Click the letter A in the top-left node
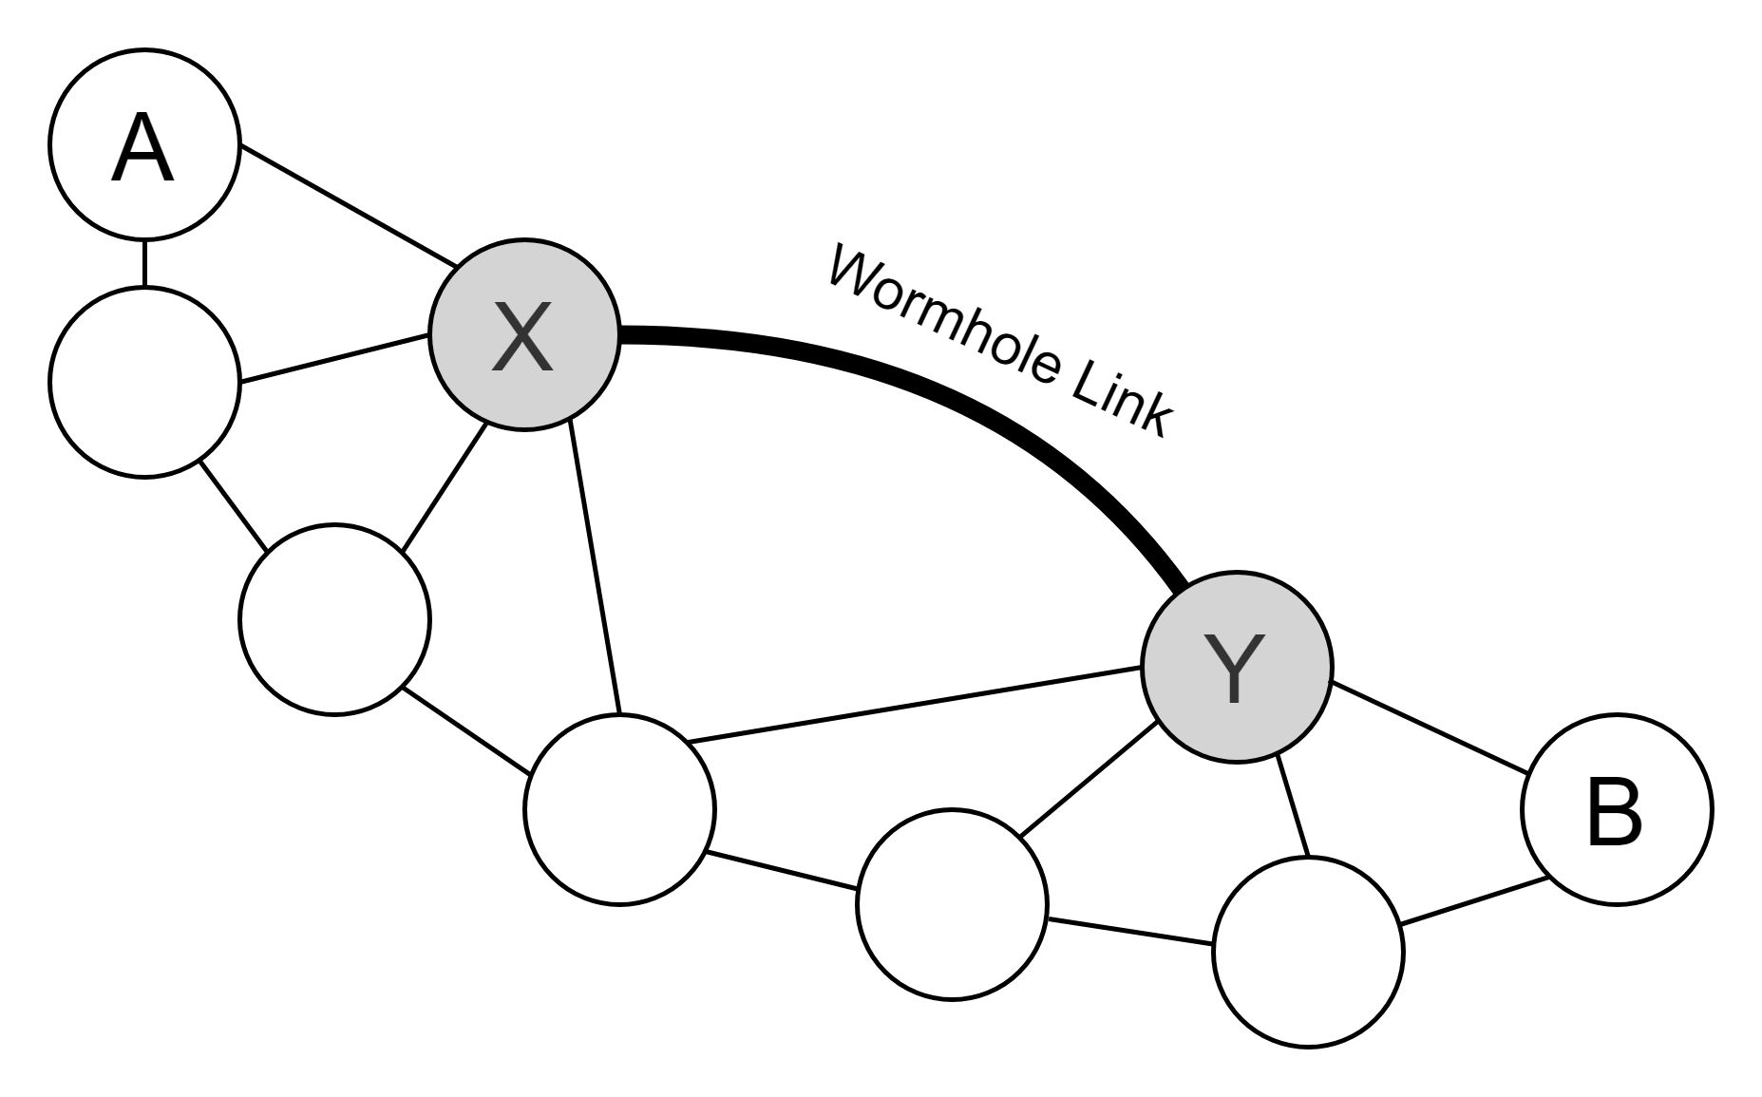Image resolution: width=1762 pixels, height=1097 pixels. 142,148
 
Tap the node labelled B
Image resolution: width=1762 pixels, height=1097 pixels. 1617,809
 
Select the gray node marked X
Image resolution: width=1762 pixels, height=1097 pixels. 524,334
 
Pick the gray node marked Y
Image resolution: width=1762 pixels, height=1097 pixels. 1237,667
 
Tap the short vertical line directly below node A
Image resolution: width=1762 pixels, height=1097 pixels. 144,263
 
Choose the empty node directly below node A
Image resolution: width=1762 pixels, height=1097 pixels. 144,382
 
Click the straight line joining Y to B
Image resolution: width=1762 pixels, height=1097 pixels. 1430,727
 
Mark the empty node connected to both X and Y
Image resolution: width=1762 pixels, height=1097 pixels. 619,809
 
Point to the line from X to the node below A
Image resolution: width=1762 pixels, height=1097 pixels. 334,358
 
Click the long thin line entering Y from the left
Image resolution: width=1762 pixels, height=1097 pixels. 915,705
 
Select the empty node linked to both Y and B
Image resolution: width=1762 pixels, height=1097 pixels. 1309,952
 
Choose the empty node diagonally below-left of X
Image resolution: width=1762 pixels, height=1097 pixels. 334,619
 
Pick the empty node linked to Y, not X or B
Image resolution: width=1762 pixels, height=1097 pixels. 952,904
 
